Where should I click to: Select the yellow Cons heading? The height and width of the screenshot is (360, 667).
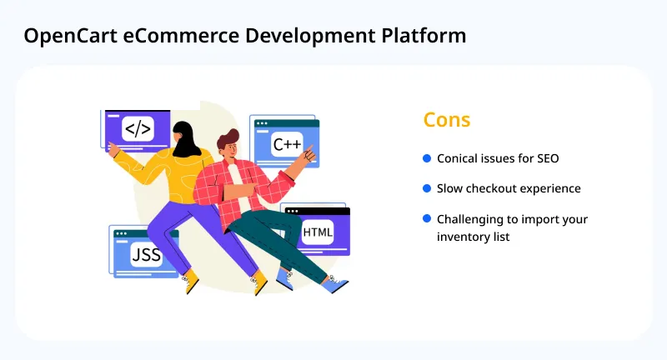coord(447,120)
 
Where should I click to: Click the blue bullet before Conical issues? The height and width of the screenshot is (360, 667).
coord(427,158)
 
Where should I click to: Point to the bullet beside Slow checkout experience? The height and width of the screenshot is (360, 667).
coord(427,188)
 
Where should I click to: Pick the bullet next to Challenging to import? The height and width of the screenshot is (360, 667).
coord(427,219)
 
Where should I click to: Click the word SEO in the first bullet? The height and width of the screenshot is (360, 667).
coord(547,158)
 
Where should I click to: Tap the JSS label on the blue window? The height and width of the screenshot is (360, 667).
coord(145,253)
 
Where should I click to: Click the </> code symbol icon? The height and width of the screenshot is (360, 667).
coord(138,129)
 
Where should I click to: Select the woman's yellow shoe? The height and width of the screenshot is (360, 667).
coord(191,280)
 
